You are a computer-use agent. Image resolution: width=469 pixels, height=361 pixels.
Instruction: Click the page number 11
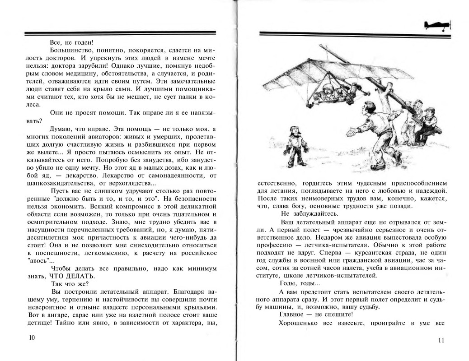point(441,340)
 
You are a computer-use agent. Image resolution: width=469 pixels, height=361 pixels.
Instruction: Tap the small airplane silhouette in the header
point(437,26)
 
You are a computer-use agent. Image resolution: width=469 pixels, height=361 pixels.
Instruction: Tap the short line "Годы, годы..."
point(300,283)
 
